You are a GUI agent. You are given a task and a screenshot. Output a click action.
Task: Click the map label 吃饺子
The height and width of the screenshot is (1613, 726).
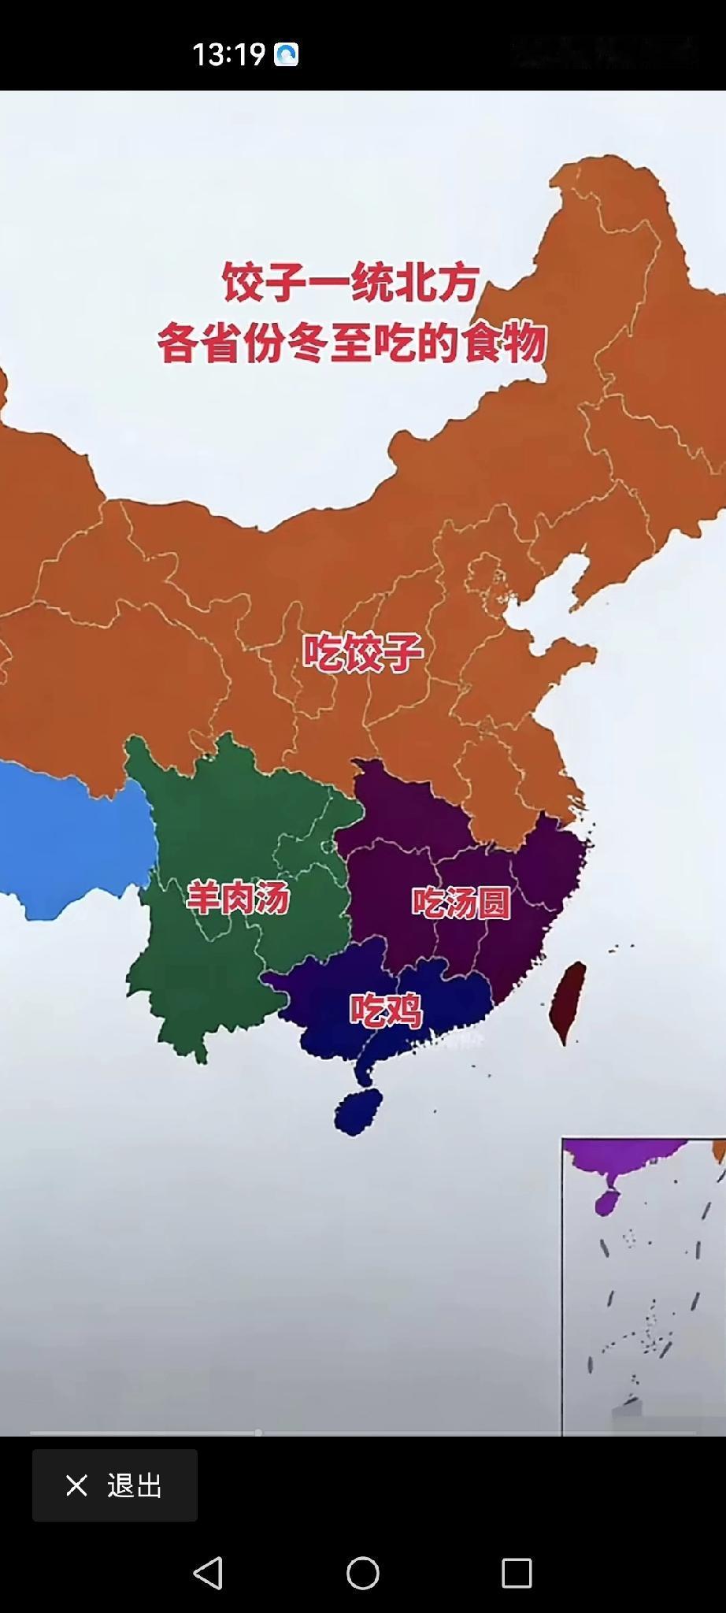(363, 652)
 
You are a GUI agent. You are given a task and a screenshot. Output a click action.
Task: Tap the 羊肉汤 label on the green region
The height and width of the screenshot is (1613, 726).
(238, 898)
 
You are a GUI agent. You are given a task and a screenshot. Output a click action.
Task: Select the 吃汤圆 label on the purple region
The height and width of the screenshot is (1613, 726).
(461, 903)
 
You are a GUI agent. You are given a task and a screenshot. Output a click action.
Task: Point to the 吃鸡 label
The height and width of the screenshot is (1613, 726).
(386, 1010)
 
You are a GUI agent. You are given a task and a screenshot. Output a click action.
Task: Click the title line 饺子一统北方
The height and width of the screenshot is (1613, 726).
(351, 282)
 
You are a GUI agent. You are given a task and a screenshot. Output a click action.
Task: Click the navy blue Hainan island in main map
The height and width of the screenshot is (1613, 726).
(358, 1111)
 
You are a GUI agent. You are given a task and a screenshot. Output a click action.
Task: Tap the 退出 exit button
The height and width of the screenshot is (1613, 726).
(115, 1485)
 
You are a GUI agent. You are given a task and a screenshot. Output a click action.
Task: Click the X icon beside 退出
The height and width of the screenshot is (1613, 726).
(76, 1485)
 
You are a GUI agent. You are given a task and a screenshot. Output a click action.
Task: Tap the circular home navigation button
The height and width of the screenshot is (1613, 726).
(363, 1574)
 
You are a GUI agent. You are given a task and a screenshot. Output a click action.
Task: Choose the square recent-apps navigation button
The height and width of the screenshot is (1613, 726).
(517, 1574)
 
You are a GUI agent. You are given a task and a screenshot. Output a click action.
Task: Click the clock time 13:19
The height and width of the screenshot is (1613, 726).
(228, 54)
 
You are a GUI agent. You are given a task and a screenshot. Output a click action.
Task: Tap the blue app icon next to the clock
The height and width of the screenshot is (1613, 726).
(286, 54)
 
